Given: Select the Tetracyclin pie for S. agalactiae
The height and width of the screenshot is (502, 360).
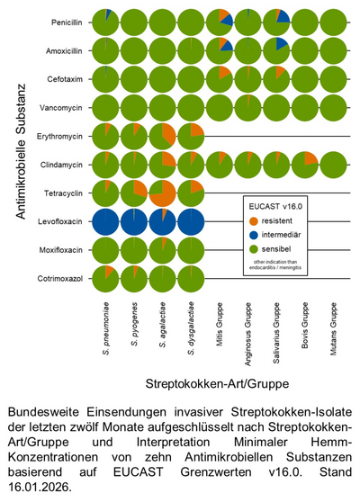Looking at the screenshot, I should point(163,193).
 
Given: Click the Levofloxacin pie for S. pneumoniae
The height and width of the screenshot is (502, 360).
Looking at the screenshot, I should point(106,221).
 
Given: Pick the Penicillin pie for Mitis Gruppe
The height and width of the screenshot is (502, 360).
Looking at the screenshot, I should point(220,21).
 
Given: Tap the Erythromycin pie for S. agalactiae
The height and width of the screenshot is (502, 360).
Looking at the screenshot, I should point(163,136).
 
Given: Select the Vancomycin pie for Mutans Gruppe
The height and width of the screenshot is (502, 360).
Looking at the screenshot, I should point(335,107).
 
